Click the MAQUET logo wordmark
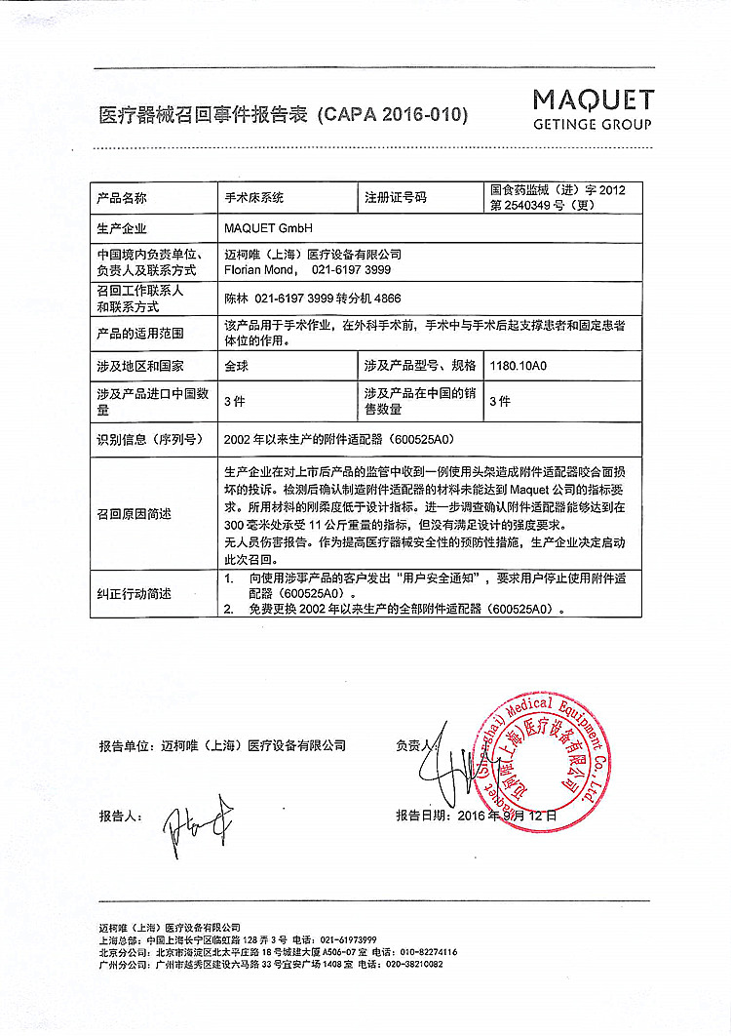click(x=593, y=100)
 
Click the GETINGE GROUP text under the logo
click(x=593, y=125)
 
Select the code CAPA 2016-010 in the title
click(x=394, y=114)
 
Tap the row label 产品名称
click(x=122, y=197)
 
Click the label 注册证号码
click(x=396, y=197)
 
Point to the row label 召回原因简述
click(x=134, y=514)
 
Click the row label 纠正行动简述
click(x=134, y=593)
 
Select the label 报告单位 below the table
click(x=126, y=745)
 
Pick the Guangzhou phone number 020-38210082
click(x=411, y=964)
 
